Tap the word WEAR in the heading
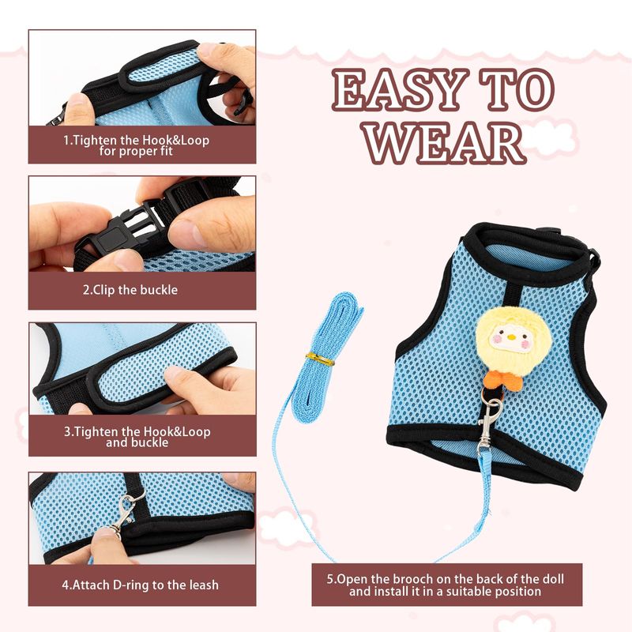pyautogui.click(x=444, y=143)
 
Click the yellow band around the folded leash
pyautogui.click(x=320, y=359)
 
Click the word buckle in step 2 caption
pyautogui.click(x=159, y=290)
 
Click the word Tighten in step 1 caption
pyautogui.click(x=96, y=141)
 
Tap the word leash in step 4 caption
pyautogui.click(x=203, y=585)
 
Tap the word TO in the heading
pyautogui.click(x=517, y=89)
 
